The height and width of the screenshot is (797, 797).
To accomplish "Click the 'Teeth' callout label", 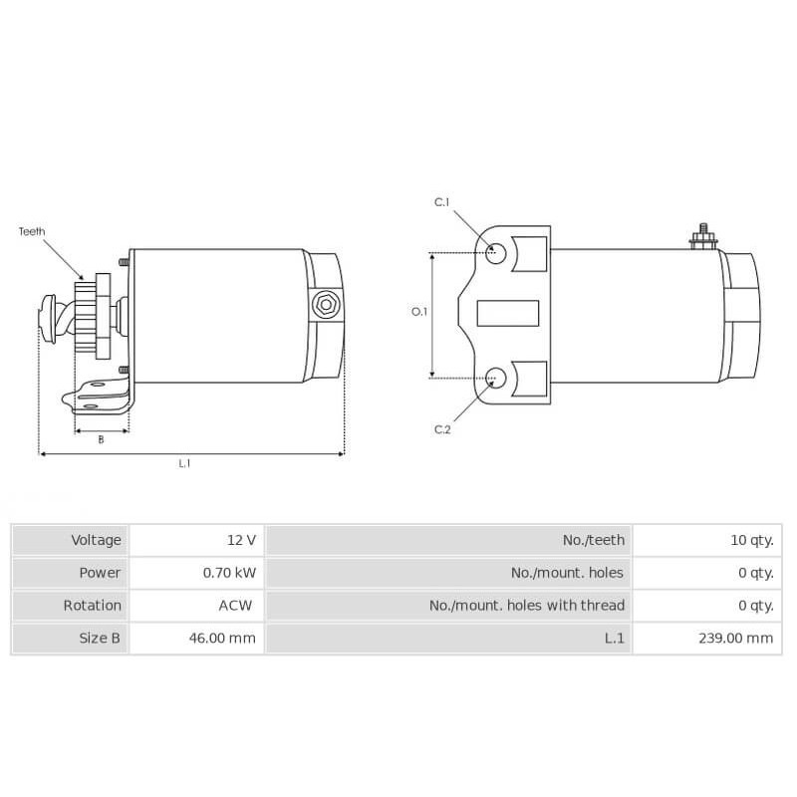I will pyautogui.click(x=32, y=231).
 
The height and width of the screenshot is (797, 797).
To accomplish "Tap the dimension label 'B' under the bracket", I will pyautogui.click(x=101, y=439).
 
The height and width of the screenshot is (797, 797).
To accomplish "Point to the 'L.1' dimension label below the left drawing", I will pyautogui.click(x=184, y=463).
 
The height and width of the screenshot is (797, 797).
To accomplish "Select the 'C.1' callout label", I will pyautogui.click(x=442, y=203).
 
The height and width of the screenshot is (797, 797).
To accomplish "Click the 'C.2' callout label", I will pyautogui.click(x=442, y=429).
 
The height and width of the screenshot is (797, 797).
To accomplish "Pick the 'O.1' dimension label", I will pyautogui.click(x=419, y=312).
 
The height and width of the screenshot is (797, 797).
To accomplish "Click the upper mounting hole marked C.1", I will pyautogui.click(x=496, y=252).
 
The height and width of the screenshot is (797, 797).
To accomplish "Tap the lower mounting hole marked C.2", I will pyautogui.click(x=496, y=378).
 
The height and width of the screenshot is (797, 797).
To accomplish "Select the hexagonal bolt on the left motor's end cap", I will pyautogui.click(x=324, y=305).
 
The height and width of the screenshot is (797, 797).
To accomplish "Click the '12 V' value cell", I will pyautogui.click(x=241, y=540).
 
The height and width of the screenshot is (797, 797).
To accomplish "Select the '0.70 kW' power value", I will pyautogui.click(x=230, y=573).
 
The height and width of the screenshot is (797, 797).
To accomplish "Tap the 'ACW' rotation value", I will pyautogui.click(x=236, y=605).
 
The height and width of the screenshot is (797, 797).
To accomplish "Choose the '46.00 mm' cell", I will pyautogui.click(x=222, y=638).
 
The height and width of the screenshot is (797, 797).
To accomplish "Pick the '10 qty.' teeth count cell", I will pyautogui.click(x=751, y=540).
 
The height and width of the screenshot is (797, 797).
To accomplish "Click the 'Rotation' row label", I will pyautogui.click(x=92, y=605).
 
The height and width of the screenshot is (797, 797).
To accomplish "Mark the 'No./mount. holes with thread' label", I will pyautogui.click(x=526, y=605).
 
